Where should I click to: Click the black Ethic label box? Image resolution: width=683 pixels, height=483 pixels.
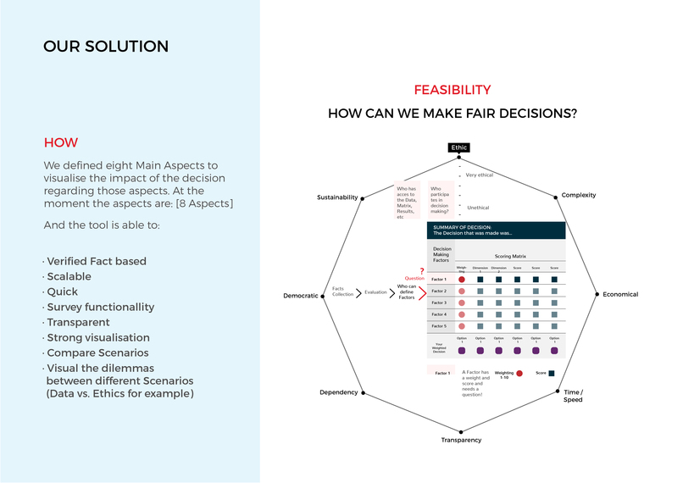coord(458,147)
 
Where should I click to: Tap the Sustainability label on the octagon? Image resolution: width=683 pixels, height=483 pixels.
coord(337,197)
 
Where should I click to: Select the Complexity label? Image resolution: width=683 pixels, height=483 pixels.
coord(579,195)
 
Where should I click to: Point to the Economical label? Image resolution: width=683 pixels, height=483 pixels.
coord(620,294)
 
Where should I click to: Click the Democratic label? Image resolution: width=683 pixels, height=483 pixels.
coord(300,296)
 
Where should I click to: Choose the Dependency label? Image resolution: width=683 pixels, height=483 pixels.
coord(339,392)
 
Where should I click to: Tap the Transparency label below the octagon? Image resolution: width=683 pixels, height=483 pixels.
coord(461,440)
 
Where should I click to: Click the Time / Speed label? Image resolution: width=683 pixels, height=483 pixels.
coord(573,395)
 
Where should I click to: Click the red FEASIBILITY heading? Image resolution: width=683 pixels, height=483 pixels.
coord(452,90)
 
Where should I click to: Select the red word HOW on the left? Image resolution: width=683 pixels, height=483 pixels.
coord(60,142)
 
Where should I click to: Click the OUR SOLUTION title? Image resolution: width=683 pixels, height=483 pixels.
coord(106,47)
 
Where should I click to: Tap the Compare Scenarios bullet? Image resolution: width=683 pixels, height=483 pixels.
coord(97,353)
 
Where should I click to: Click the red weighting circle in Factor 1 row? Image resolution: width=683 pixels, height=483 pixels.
coord(462,279)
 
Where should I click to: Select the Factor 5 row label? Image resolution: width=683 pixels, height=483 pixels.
coord(439,326)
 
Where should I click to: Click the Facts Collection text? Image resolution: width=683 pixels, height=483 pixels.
coord(343,292)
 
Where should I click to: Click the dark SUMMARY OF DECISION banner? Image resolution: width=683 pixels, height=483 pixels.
coord(496,230)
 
